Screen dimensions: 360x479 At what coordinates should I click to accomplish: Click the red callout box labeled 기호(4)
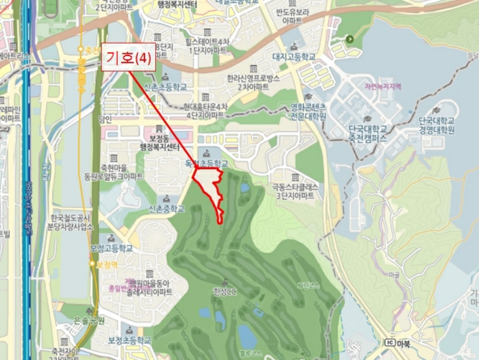[x=129, y=59]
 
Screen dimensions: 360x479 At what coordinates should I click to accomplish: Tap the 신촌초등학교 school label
[x=166, y=88]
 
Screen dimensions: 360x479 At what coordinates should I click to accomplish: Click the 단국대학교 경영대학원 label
[x=436, y=125]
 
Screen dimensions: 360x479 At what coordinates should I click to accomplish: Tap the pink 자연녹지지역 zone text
[x=382, y=88]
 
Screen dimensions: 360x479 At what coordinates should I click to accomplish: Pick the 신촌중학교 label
[x=166, y=209]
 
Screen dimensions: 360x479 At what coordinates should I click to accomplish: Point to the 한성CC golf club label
[x=224, y=292]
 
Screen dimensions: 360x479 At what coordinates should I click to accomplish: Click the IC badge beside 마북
[x=390, y=342]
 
